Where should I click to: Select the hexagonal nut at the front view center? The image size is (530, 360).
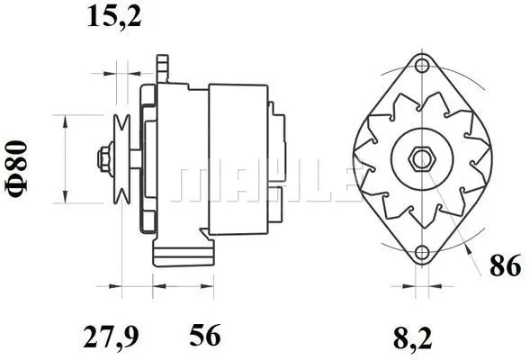[420, 159]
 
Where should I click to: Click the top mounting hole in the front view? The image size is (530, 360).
[420, 64]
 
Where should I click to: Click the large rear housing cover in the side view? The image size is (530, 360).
[238, 158]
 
